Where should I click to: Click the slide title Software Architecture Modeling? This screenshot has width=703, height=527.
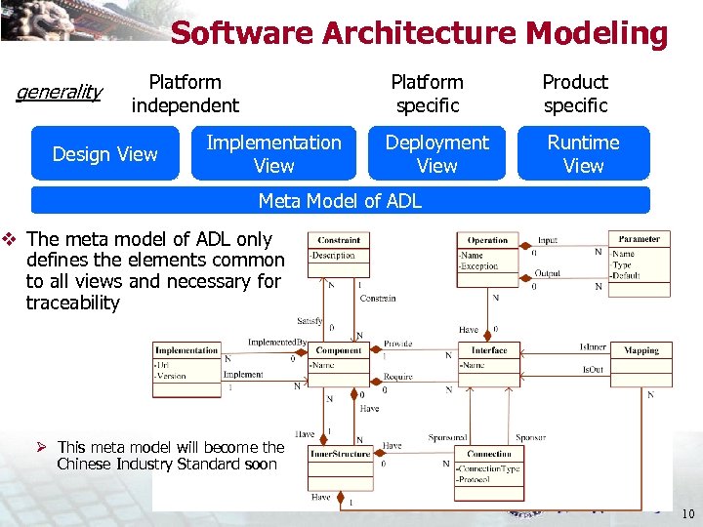(419, 33)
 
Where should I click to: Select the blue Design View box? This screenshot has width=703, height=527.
(105, 154)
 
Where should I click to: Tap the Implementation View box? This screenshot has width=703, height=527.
(273, 154)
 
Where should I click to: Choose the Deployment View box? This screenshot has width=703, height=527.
(436, 154)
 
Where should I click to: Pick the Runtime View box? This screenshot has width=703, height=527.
(583, 154)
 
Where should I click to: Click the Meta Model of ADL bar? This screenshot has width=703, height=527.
(340, 201)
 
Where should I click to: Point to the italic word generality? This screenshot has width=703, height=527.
(60, 93)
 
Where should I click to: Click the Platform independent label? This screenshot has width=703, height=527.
(185, 94)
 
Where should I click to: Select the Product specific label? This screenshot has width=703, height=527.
(575, 94)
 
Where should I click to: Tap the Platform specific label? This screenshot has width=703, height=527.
(427, 94)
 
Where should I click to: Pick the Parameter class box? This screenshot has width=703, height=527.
(640, 262)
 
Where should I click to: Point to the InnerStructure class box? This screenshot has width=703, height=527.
(339, 467)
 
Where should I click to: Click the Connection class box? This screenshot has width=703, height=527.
(489, 466)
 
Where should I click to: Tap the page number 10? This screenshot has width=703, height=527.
(687, 514)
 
